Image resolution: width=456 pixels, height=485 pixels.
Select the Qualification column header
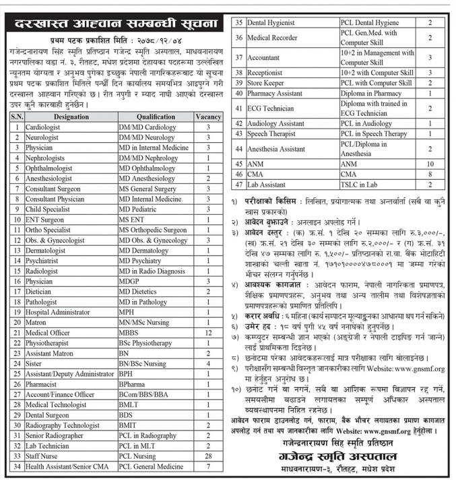coord(155,117)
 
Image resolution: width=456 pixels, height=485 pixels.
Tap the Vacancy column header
coord(208,117)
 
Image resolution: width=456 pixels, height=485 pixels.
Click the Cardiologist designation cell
coord(44,127)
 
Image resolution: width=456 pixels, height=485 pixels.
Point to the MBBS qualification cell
coord(130,333)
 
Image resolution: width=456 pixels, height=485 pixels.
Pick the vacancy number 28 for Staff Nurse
coord(208,456)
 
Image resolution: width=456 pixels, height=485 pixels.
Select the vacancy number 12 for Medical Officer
coord(208,333)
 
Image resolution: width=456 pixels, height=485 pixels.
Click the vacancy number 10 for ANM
coord(430,163)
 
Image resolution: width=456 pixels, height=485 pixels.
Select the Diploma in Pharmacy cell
coord(370,93)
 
